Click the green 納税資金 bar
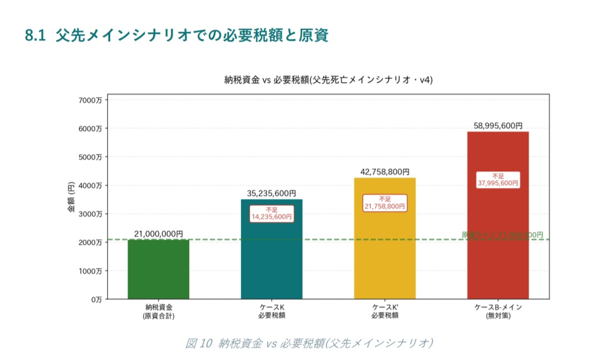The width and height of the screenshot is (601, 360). [159, 269]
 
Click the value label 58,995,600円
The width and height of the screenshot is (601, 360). [498, 126]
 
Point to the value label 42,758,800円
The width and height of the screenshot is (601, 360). [385, 172]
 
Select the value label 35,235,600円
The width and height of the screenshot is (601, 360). [272, 194]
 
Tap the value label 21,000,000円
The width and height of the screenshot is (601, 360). [159, 234]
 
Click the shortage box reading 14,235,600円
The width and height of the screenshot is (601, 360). [272, 214]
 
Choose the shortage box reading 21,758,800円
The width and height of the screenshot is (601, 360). [385, 203]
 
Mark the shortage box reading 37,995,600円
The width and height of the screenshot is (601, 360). [498, 180]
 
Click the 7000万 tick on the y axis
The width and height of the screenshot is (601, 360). [91, 100]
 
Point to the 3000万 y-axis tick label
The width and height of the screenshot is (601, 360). [91, 214]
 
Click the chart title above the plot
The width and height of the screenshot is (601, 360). [328, 80]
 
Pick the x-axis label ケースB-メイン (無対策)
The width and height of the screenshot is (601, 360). [498, 311]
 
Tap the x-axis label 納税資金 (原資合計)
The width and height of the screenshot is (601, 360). [159, 311]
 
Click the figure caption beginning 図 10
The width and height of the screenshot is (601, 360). [309, 343]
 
